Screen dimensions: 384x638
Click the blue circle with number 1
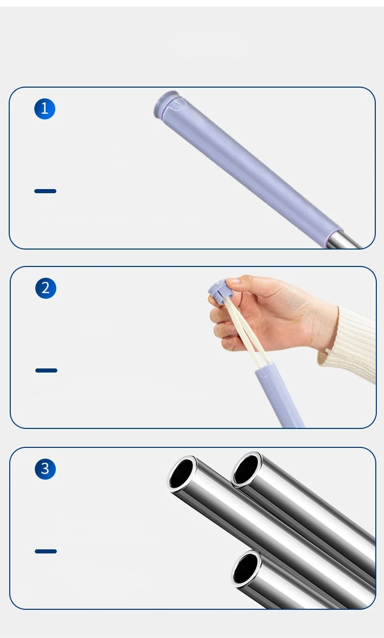(x=45, y=109)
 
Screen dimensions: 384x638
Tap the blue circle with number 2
(x=46, y=288)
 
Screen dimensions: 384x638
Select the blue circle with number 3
(x=45, y=469)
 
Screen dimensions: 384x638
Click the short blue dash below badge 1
(x=45, y=191)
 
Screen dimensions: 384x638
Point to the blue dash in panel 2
(x=46, y=371)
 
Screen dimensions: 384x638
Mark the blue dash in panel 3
(x=46, y=551)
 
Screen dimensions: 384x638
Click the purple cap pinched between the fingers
(x=221, y=291)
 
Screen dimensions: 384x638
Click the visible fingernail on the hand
(x=233, y=281)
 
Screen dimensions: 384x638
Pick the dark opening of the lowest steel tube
(x=245, y=568)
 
